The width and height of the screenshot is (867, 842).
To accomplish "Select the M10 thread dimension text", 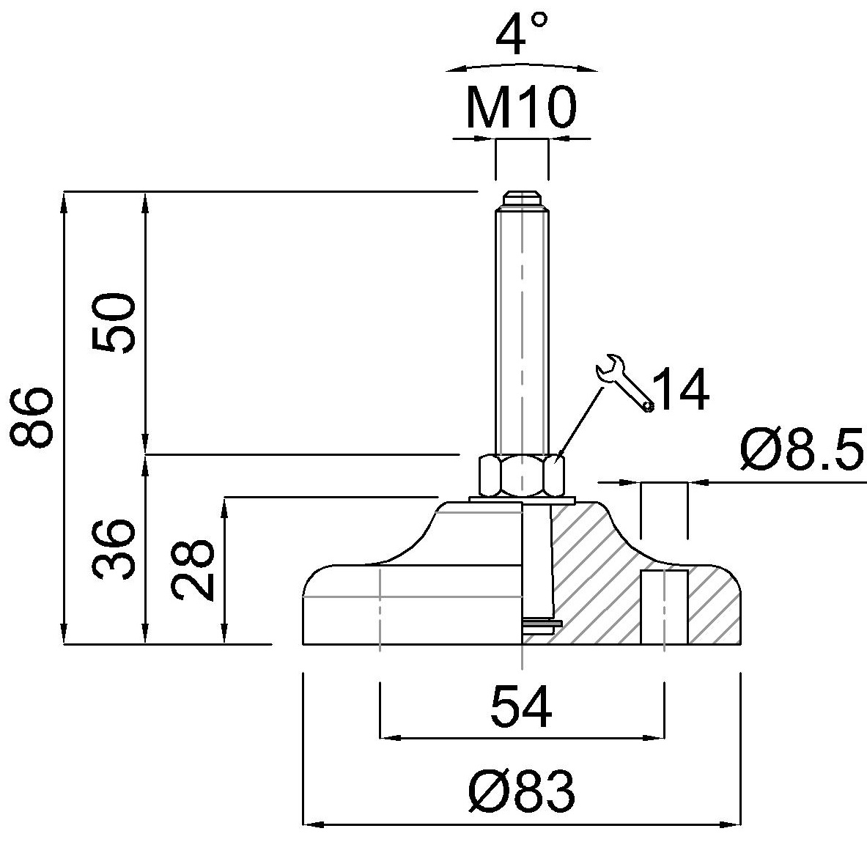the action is [x=521, y=107].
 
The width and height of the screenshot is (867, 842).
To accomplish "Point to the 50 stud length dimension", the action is [x=114, y=323].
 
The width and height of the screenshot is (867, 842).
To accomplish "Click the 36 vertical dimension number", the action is [x=114, y=548].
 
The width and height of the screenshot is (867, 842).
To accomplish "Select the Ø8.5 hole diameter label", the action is [x=802, y=449].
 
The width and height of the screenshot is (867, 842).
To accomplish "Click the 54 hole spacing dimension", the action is [x=521, y=706].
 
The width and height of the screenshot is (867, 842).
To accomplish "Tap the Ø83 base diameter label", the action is [x=521, y=791].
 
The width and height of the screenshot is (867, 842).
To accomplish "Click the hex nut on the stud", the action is [x=521, y=476].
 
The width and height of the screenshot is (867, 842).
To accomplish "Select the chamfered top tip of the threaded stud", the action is [x=521, y=198].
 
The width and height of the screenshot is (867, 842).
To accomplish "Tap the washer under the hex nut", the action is [x=522, y=500].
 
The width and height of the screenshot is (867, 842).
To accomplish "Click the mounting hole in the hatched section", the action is [x=664, y=607].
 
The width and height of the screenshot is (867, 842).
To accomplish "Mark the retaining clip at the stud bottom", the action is [x=542, y=624].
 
